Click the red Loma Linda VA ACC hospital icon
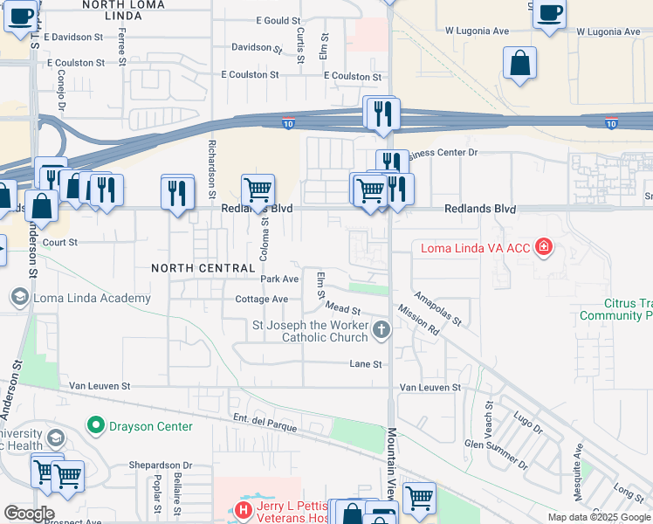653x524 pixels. [x=545, y=248]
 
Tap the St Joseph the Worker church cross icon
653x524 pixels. [x=381, y=330]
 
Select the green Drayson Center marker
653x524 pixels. [x=96, y=426]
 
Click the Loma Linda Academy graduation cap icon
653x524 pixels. [x=18, y=298]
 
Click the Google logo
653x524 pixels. [x=29, y=514]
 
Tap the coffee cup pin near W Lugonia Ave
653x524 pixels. [x=549, y=13]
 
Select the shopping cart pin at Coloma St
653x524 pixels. [x=258, y=189]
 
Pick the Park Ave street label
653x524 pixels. [x=279, y=279]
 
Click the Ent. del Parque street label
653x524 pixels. [x=265, y=424]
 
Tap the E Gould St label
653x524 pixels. [x=278, y=21]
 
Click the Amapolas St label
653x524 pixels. [x=438, y=310]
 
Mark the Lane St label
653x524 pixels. [x=366, y=364]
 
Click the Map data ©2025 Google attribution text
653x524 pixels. [x=598, y=517]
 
